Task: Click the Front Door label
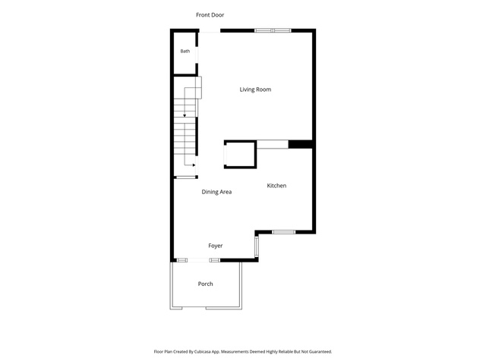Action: (210, 15)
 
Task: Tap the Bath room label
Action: (185, 51)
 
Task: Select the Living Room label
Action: (255, 89)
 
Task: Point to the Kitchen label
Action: (276, 186)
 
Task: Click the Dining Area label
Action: (216, 192)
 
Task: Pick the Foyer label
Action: (216, 246)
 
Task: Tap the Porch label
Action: (206, 284)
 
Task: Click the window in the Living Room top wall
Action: (273, 30)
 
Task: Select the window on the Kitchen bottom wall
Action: (283, 232)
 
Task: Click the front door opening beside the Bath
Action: (210, 30)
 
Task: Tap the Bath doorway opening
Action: (197, 55)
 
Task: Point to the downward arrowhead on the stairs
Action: (185, 116)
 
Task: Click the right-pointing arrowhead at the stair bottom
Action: (194, 165)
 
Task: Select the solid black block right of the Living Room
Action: (300, 144)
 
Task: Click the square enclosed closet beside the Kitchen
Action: (240, 155)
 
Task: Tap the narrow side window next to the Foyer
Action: (257, 246)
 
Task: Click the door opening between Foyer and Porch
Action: (198, 260)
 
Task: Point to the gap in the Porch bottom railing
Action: (194, 308)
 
